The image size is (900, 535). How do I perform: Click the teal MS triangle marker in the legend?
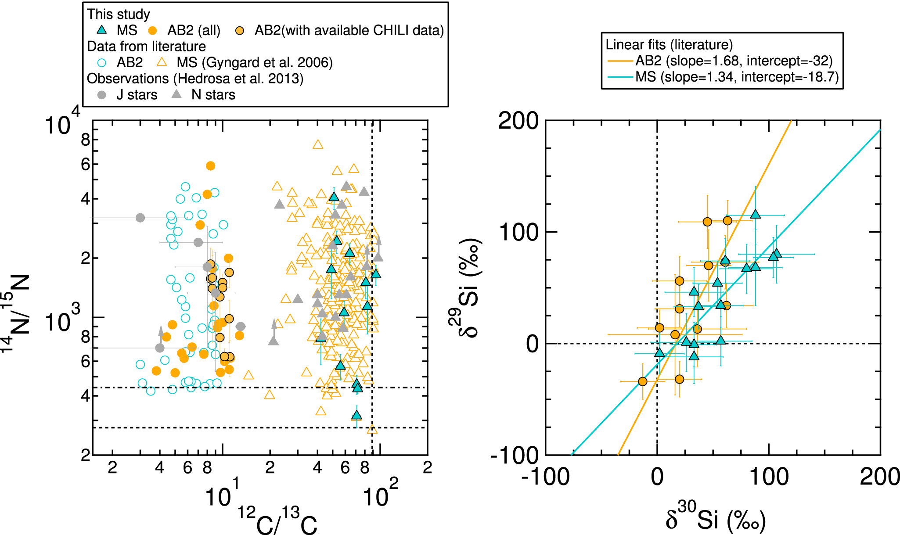101,30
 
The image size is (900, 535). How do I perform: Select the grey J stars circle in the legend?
101,95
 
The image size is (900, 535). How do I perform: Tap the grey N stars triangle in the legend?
176,94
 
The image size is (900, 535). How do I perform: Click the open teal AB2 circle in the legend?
101,62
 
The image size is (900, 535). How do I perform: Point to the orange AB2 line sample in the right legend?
620,61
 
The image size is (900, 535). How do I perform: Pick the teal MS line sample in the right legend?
620,77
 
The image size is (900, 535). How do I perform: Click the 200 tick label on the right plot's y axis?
518,121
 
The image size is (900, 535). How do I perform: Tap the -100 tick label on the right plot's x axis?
545,477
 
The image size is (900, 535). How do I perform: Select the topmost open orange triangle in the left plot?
318,144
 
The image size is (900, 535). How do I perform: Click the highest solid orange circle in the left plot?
210,166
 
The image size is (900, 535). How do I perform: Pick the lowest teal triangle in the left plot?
356,415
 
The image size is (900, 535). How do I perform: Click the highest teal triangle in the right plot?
755,214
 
